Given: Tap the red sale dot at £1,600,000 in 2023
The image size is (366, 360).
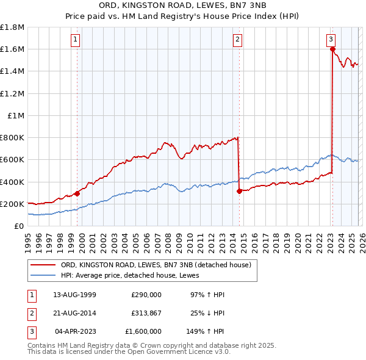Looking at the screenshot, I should click(x=332, y=49).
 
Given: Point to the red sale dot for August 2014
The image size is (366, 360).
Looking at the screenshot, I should click(x=239, y=191).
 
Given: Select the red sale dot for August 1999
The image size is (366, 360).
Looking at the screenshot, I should click(x=77, y=194).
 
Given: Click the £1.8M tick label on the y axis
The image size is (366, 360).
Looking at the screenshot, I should click(x=12, y=27).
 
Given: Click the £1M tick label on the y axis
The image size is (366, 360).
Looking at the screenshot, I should click(x=16, y=115).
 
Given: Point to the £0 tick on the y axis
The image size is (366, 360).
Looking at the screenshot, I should click(x=20, y=226).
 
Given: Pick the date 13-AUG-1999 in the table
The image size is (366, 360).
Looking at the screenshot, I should click(x=76, y=295).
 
